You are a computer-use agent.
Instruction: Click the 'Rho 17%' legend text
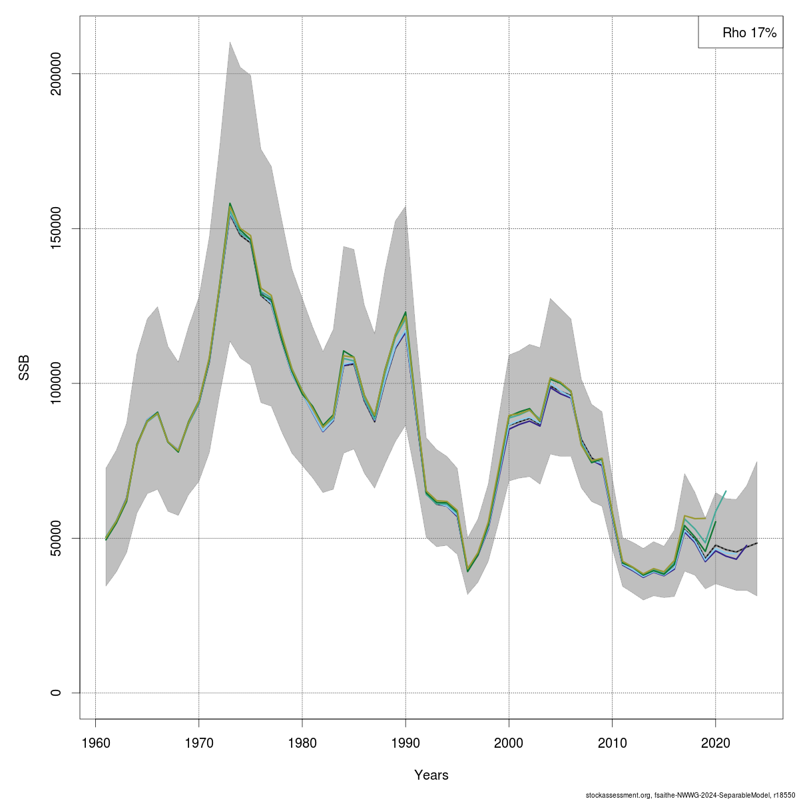click(x=749, y=33)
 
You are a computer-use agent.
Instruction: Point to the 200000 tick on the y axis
click(x=56, y=74)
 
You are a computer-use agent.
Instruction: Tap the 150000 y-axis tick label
click(x=56, y=228)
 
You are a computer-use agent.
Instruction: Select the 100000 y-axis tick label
click(x=56, y=384)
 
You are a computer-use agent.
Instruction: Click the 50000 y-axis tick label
click(x=56, y=538)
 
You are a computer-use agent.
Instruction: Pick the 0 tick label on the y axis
click(x=56, y=692)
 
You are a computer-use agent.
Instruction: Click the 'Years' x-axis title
click(x=431, y=775)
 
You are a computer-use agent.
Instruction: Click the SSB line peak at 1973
click(x=230, y=204)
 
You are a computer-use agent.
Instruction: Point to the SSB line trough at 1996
click(x=467, y=571)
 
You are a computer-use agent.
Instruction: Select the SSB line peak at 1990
click(x=405, y=312)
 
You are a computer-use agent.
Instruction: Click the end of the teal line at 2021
click(x=726, y=491)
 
